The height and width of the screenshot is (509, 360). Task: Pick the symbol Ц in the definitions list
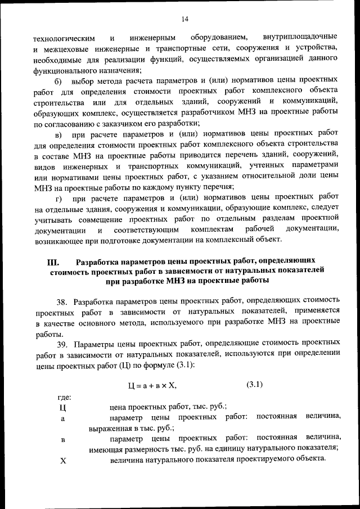62,408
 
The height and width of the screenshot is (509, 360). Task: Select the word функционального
64,70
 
